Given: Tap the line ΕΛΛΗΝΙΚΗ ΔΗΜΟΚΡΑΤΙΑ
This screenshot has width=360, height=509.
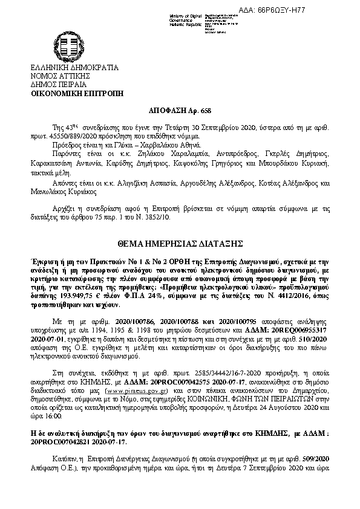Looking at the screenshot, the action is point(74,68).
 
